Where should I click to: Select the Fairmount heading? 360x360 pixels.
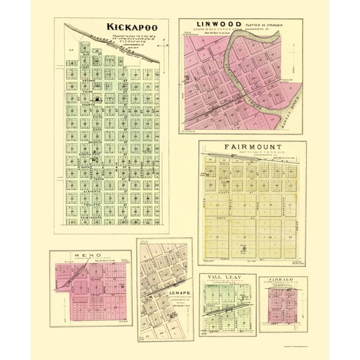point(251,148)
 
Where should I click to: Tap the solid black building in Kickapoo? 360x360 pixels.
point(97,99)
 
